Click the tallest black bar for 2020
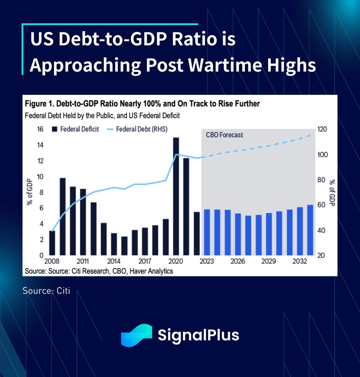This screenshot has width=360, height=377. coord(176,196)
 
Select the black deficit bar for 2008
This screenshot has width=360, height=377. coord(52,243)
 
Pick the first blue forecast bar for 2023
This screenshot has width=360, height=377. coord(207,232)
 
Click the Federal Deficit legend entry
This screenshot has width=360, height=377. coord(76,129)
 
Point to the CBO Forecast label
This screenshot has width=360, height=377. coord(224,135)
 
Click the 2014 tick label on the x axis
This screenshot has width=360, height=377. coord(114,262)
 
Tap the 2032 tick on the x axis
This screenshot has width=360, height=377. coord(300,262)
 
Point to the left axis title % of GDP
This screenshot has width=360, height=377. coord(30,193)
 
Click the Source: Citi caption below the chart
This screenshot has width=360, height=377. coord(46,290)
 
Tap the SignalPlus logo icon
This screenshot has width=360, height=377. coord(136,335)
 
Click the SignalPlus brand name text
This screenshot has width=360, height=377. coord(198,335)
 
